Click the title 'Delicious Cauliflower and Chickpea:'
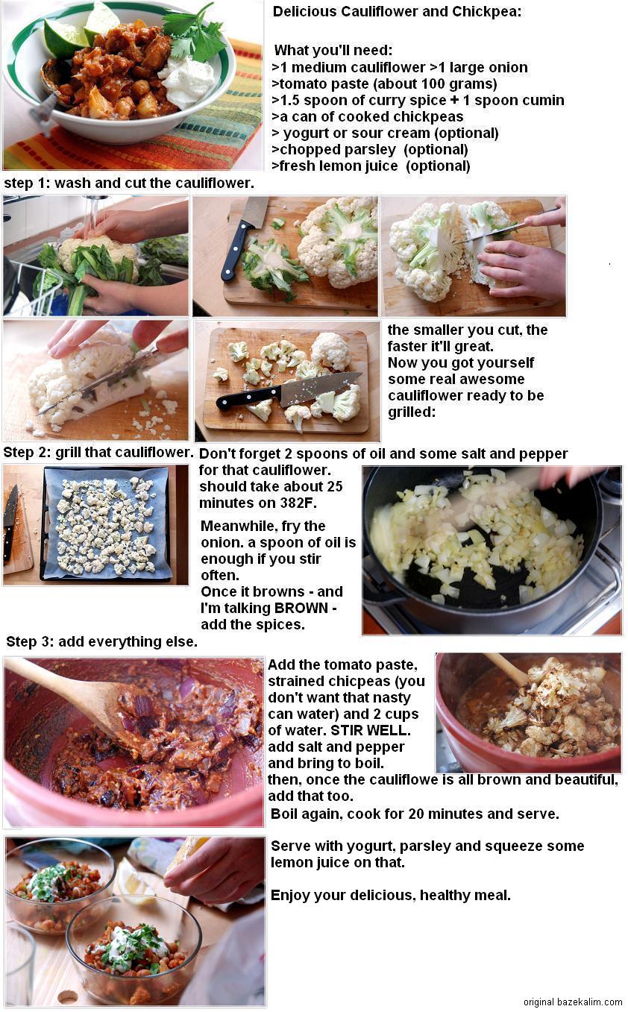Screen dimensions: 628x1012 [x=397, y=12]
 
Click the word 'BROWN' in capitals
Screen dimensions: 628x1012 [x=301, y=608]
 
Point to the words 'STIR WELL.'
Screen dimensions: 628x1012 [x=371, y=731]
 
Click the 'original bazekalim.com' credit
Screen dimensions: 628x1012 [x=573, y=1002]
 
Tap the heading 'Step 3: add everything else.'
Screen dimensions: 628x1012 [x=101, y=641]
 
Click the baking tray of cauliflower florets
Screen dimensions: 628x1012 [x=106, y=524]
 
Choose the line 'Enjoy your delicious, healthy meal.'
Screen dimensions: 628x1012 [x=390, y=896]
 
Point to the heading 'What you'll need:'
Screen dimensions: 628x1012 [x=333, y=50]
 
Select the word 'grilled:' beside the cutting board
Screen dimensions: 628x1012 [x=412, y=412]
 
